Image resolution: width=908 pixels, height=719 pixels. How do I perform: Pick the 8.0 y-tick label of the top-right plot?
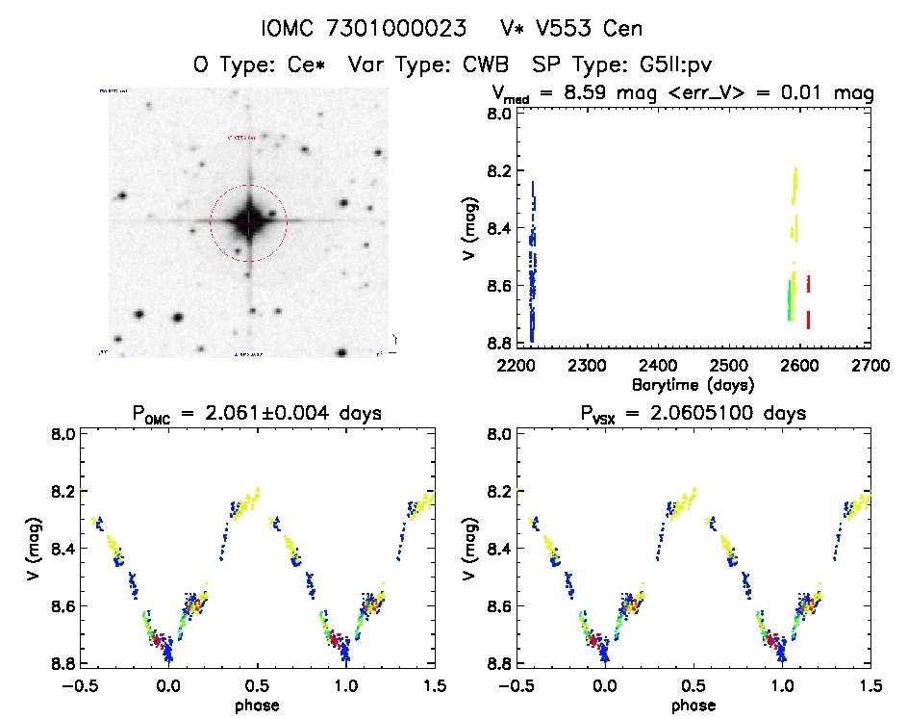pyautogui.click(x=498, y=114)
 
